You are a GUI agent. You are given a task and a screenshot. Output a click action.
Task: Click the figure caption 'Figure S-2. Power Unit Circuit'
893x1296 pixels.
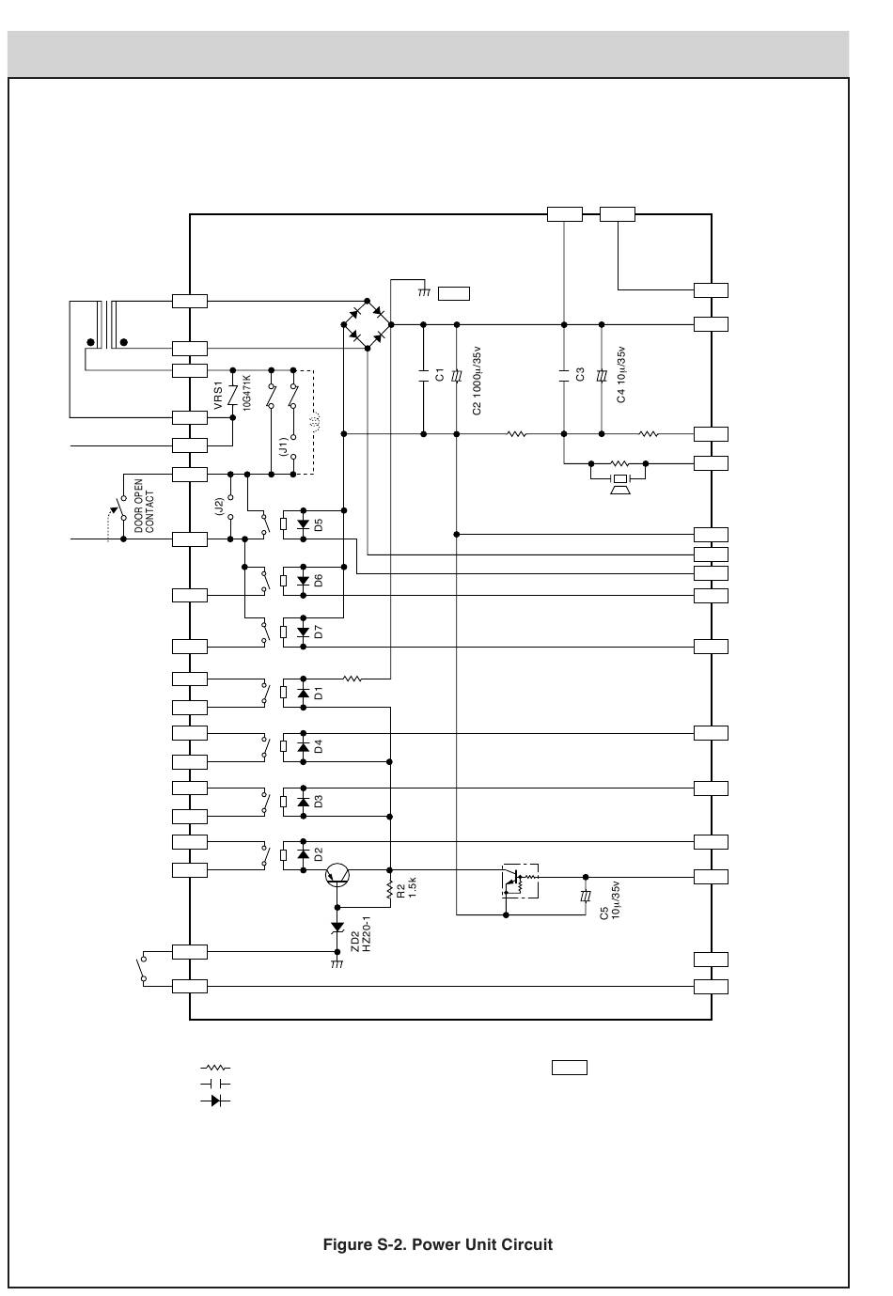437,1244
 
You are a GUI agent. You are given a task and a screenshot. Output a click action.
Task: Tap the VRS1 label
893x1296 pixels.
218,395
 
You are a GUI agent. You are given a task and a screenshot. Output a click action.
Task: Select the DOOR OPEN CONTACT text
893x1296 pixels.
144,507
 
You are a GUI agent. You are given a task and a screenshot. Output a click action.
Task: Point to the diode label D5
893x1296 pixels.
319,524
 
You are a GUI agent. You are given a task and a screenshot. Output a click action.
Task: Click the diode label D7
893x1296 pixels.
319,632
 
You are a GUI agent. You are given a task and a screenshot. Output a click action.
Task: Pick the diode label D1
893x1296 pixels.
319,694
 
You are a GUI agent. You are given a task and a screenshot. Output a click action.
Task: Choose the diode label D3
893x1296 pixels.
319,802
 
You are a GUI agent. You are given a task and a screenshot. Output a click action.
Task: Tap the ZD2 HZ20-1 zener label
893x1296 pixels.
360,934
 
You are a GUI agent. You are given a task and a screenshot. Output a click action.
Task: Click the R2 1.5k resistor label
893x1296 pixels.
406,887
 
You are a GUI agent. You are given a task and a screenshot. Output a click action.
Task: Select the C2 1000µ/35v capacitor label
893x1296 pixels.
477,381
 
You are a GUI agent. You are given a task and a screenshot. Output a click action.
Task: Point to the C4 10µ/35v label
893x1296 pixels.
621,374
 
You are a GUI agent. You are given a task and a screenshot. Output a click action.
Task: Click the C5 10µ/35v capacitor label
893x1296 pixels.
609,900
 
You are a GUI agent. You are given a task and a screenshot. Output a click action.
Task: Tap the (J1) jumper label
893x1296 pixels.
283,446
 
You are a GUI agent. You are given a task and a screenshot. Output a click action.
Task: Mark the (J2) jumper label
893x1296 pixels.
219,507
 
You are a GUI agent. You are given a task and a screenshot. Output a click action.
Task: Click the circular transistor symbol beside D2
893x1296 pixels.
337,875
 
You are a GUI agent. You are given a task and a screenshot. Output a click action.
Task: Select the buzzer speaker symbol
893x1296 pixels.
619,484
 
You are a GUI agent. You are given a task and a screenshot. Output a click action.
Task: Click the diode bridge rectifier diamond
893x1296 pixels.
367,324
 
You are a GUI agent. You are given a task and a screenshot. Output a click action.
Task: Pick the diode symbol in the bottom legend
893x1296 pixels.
215,1100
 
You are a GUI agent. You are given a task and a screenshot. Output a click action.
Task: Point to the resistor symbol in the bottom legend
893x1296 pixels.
215,1067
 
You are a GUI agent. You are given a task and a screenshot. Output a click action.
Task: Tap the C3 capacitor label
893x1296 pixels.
581,374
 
